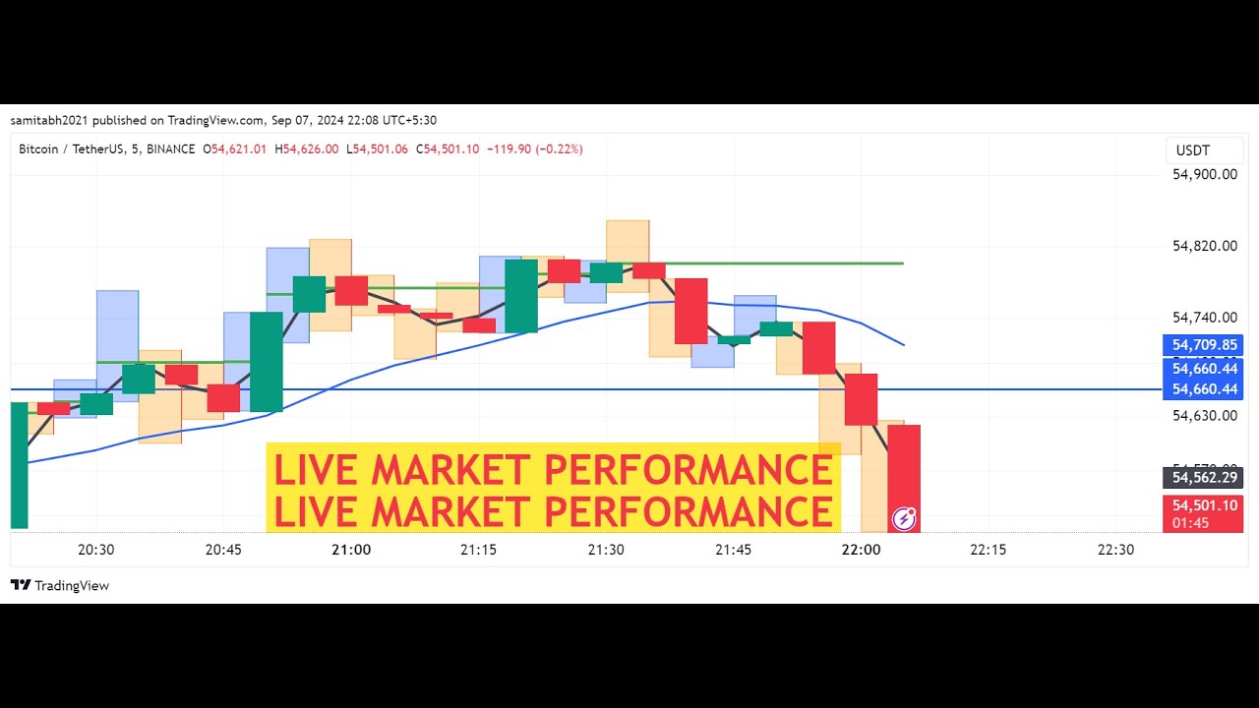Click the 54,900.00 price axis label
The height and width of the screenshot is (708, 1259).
[x=1204, y=174]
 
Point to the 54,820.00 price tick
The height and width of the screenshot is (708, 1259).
[x=1204, y=246]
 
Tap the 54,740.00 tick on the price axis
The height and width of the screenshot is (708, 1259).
[x=1204, y=318]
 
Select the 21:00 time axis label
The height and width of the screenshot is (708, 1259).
[x=351, y=550]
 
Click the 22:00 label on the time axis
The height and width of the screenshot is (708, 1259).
[x=861, y=550]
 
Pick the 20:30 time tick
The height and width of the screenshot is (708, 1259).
[x=95, y=550]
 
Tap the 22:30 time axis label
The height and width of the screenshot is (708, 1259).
[x=1115, y=550]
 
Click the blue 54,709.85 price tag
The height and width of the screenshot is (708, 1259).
[x=1204, y=345]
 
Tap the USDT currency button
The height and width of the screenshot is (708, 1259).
[x=1193, y=150]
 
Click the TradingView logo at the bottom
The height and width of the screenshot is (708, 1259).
[x=60, y=585]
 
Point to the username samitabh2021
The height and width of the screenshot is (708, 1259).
[x=48, y=120]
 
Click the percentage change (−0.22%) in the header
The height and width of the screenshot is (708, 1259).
[x=560, y=149]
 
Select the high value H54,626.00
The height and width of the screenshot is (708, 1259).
[x=306, y=149]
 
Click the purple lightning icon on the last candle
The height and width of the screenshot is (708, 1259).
[x=903, y=518]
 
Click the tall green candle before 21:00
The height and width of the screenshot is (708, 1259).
[x=266, y=361]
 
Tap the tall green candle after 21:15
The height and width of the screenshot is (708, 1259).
[x=521, y=295]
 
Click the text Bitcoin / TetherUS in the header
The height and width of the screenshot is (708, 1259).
[x=72, y=149]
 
